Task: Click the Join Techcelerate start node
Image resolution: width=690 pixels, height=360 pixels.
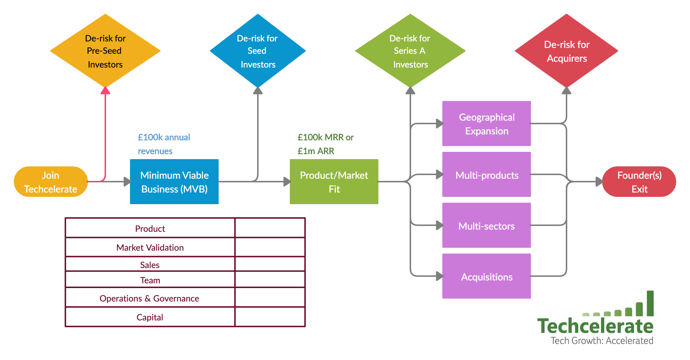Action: coord(50,182)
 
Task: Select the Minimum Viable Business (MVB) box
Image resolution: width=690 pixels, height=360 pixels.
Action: coord(174,182)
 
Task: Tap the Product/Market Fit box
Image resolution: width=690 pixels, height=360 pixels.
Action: coord(334,182)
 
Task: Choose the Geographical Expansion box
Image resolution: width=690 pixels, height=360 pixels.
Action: coord(486,124)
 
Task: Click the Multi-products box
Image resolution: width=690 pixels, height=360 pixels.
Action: coord(486,175)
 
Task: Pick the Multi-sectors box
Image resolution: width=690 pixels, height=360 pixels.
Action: coord(486,226)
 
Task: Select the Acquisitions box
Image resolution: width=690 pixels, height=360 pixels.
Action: coord(486,276)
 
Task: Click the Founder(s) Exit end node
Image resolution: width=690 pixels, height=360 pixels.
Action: coord(639,182)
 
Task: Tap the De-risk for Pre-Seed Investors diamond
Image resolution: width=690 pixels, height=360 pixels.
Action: coord(105,51)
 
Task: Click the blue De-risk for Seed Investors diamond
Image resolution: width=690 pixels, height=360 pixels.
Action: coord(257,51)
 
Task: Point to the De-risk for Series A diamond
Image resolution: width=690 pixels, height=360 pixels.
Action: coord(410,51)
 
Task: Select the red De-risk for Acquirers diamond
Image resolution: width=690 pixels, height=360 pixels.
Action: coord(566,51)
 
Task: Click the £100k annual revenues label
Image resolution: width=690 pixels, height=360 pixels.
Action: coord(164,144)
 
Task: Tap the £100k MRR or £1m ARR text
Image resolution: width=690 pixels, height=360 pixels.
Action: coord(325,144)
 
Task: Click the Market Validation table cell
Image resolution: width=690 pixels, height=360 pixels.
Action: coord(150,247)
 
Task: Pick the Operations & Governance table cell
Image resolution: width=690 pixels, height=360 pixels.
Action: coord(149,298)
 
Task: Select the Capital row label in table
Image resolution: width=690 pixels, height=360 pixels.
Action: coord(150,317)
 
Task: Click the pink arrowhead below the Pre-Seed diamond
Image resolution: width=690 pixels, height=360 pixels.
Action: coord(105,90)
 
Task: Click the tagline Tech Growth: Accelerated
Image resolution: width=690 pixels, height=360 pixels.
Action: coord(602,341)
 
